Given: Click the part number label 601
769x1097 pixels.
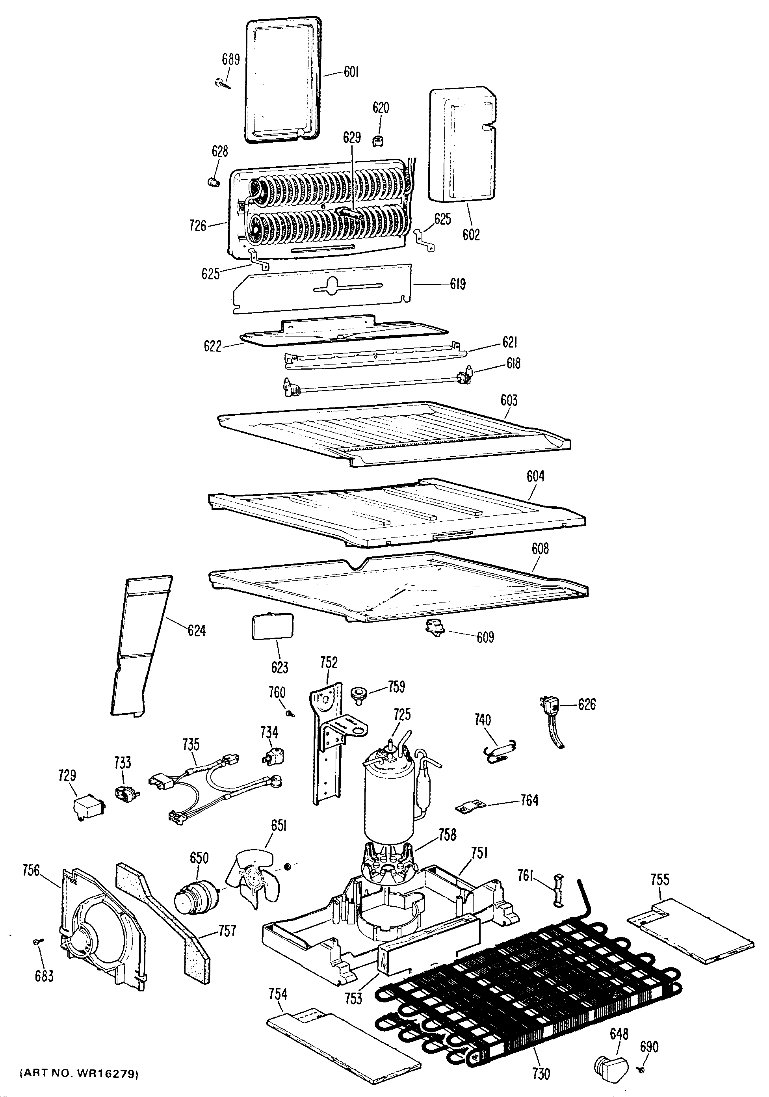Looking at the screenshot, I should click(351, 73).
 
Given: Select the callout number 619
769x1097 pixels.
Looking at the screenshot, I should click(458, 284).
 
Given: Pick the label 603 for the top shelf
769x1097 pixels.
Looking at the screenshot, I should click(509, 400).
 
